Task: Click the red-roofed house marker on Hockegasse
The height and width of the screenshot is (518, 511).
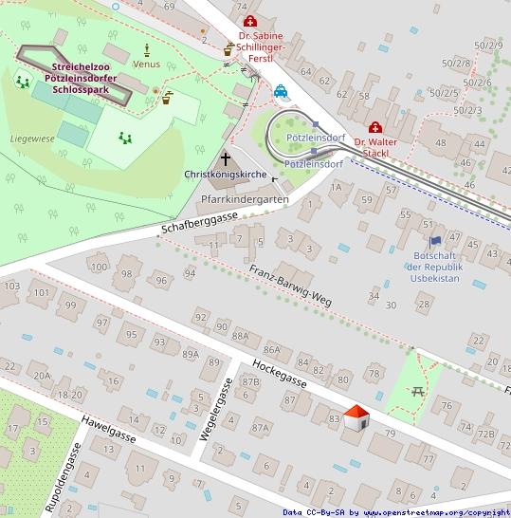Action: pyautogui.click(x=356, y=417)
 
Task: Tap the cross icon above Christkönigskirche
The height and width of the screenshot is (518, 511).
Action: pyautogui.click(x=227, y=158)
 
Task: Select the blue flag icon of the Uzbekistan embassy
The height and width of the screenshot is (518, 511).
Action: pyautogui.click(x=435, y=243)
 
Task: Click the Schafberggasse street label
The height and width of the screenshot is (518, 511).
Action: pyautogui.click(x=199, y=224)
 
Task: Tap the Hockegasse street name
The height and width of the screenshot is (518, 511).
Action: pyautogui.click(x=280, y=375)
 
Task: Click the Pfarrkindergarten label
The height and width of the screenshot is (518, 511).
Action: pyautogui.click(x=246, y=199)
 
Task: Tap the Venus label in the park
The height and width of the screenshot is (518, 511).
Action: pyautogui.click(x=147, y=65)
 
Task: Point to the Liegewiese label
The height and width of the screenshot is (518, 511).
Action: pyautogui.click(x=32, y=139)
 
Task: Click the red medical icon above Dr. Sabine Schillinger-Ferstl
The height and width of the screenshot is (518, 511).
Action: pyautogui.click(x=249, y=21)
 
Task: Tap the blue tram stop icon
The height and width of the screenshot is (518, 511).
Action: pyautogui.click(x=282, y=92)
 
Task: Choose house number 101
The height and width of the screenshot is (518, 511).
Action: pyautogui.click(x=40, y=292)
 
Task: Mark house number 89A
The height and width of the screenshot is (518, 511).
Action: pyautogui.click(x=191, y=354)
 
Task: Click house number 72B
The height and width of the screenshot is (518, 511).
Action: pyautogui.click(x=485, y=434)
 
